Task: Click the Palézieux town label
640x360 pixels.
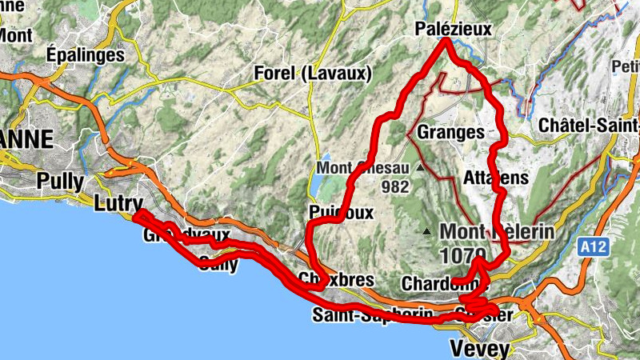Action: [x=453, y=30]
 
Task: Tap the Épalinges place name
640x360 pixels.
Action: [x=86, y=55]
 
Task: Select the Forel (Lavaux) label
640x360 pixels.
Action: [x=313, y=74]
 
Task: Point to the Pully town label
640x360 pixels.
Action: [x=59, y=181]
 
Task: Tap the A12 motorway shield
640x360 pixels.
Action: [x=594, y=248]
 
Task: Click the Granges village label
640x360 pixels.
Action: [x=450, y=131]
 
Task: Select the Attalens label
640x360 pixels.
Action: [x=496, y=178]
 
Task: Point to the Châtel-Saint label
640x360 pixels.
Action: [x=588, y=126]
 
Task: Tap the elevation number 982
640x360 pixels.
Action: [x=395, y=187]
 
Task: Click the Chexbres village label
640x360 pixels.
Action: [x=324, y=279]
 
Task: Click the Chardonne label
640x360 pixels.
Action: [x=434, y=283]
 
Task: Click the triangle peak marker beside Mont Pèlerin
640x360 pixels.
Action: [x=427, y=233]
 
